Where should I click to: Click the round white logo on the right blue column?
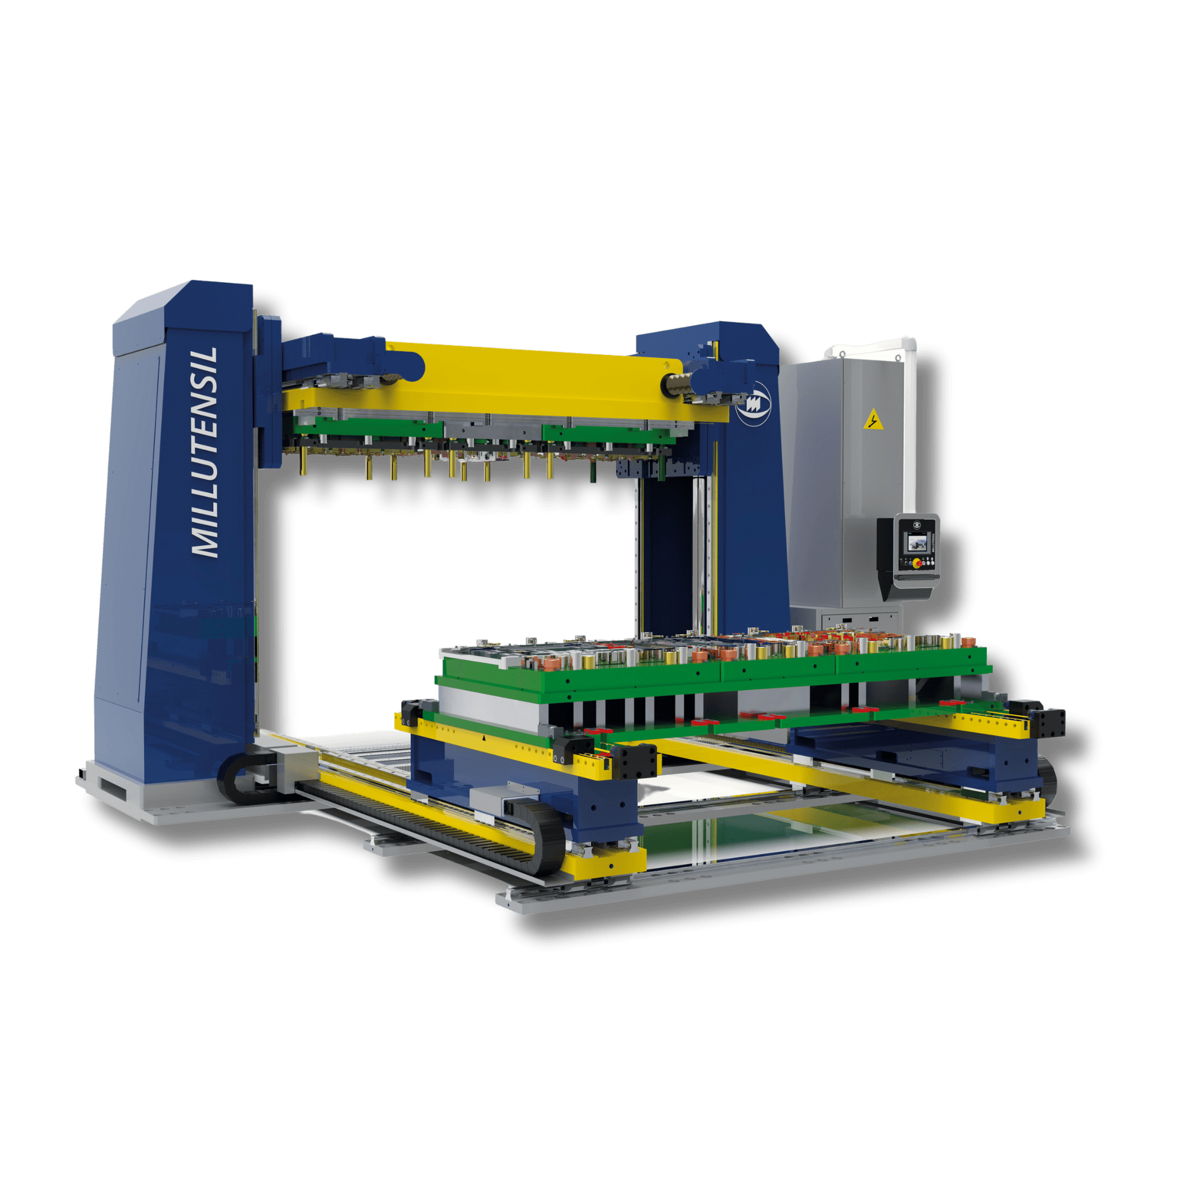pyautogui.click(x=754, y=404)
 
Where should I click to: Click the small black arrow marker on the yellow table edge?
pyautogui.click(x=484, y=737)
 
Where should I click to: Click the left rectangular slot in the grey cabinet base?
pyautogui.click(x=847, y=619)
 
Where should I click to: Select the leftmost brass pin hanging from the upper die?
pyautogui.click(x=303, y=462)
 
